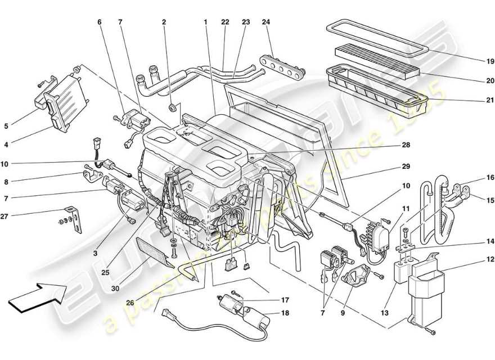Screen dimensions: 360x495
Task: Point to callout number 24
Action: (x=266, y=22)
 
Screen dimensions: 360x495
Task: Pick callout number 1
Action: (x=206, y=22)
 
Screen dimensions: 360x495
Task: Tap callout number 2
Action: (x=164, y=22)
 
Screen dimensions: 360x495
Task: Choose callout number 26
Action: (x=130, y=303)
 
